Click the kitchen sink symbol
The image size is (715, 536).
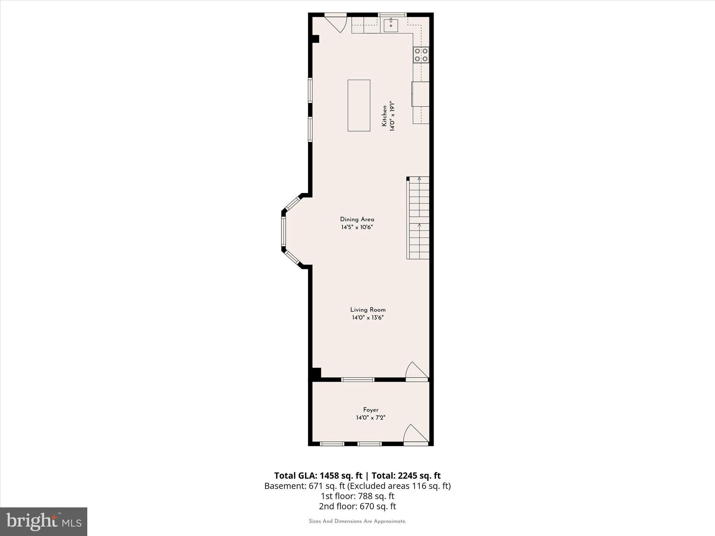pos(391,25)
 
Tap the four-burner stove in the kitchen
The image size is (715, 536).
pos(421,55)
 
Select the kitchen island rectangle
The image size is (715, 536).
pos(359,105)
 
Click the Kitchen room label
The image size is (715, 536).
pos(384,116)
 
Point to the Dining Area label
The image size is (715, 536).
pos(357,219)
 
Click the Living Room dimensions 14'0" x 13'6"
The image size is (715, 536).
pos(368,318)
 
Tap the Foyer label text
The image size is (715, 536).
pos(371,410)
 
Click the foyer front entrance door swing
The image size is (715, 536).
pos(415,435)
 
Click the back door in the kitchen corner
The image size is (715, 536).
pos(336,22)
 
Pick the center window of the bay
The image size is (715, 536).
pos(283,231)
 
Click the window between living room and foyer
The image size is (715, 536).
pos(357,380)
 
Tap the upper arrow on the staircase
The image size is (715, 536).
pos(419,179)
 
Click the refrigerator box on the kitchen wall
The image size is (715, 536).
pos(420,94)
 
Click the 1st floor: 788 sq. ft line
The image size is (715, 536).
pos(357,496)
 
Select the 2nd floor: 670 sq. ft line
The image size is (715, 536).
pos(357,506)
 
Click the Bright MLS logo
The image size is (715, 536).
pos(44,522)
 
